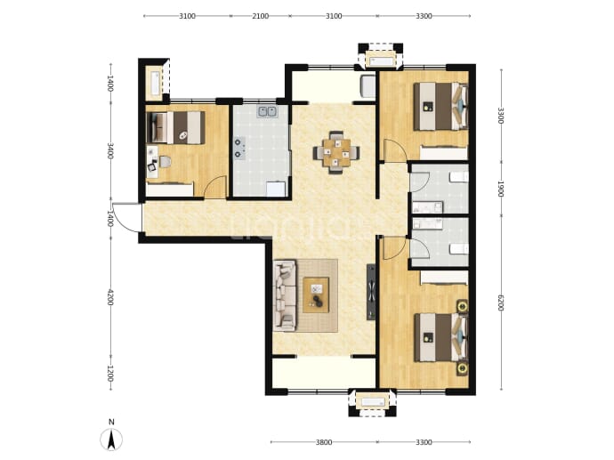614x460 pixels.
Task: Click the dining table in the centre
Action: pyautogui.click(x=336, y=152)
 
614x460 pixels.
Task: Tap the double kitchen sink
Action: pyautogui.click(x=267, y=112)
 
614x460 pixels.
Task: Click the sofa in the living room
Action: pyautogui.click(x=285, y=295)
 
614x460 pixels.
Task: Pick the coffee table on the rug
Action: pyautogui.click(x=316, y=295)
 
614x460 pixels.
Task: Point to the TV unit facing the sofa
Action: pyautogui.click(x=371, y=292)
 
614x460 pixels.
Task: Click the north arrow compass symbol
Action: pyautogui.click(x=111, y=439)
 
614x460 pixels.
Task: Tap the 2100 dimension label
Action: pyautogui.click(x=261, y=16)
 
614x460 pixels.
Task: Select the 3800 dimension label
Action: pyautogui.click(x=324, y=442)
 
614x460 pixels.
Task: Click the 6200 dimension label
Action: pyautogui.click(x=500, y=303)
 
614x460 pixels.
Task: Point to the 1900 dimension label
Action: pyautogui.click(x=500, y=190)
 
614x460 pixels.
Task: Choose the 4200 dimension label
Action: pyautogui.click(x=110, y=297)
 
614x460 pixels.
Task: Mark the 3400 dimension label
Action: pyautogui.click(x=110, y=151)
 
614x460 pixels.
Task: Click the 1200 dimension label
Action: pyautogui.click(x=110, y=374)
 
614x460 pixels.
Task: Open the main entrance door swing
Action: pyautogui.click(x=126, y=218)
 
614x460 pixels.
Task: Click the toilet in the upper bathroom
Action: pyautogui.click(x=459, y=177)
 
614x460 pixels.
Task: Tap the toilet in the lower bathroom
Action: pyautogui.click(x=459, y=249)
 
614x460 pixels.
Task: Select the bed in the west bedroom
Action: pyautogui.click(x=176, y=127)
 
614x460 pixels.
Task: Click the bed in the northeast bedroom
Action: pyautogui.click(x=440, y=106)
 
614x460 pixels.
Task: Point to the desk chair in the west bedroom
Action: pyautogui.click(x=152, y=167)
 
